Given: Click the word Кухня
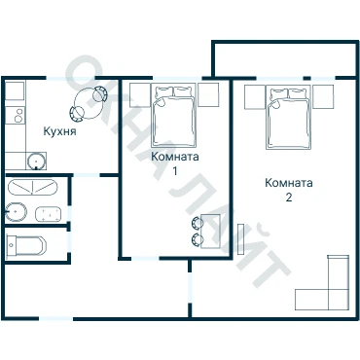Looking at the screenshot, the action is click(59, 131).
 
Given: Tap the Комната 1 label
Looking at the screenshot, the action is click(175, 163).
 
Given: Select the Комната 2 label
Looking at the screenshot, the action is click(289, 190).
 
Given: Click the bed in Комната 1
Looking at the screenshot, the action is click(174, 116).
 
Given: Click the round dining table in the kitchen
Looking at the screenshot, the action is click(88, 103).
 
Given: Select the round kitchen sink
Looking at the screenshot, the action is click(36, 161).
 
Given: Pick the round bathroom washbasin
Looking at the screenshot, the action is click(16, 212).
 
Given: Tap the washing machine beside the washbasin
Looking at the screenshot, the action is click(48, 214).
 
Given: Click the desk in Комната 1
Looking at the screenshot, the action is click(211, 232).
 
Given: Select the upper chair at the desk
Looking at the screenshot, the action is click(198, 223).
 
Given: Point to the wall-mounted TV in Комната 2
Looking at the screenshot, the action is click(241, 239).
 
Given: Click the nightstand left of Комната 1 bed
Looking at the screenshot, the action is click(140, 95).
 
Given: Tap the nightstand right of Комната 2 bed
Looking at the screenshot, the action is click(323, 96).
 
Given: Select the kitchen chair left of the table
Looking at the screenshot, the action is click(77, 114).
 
